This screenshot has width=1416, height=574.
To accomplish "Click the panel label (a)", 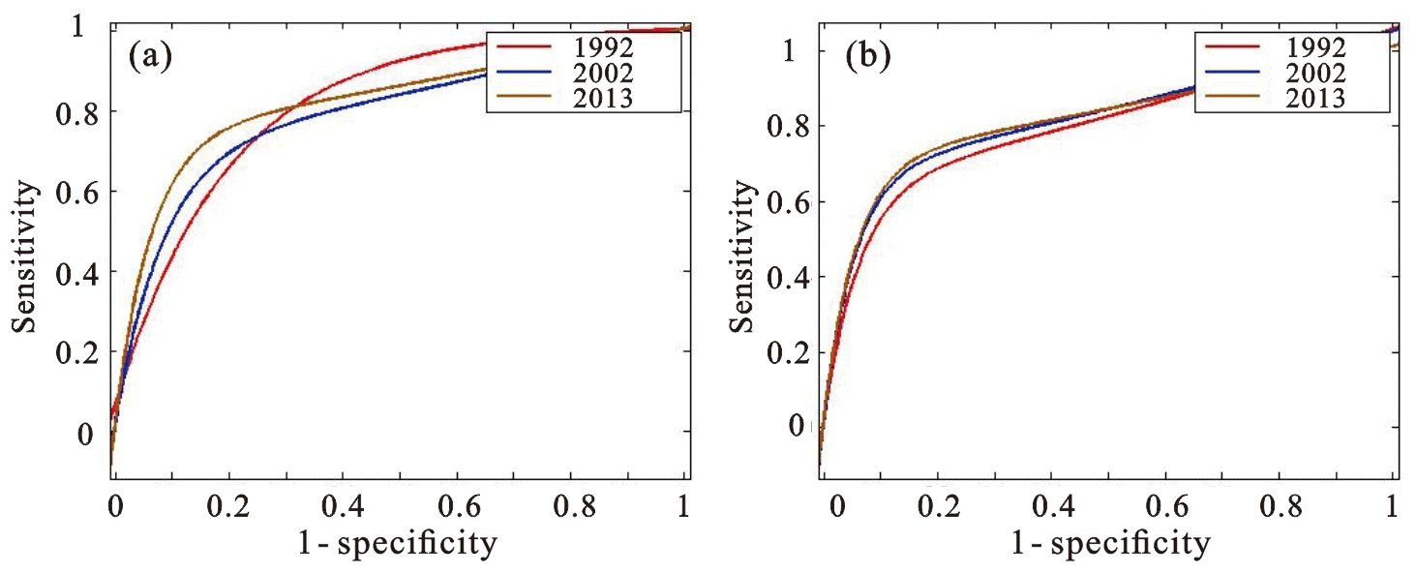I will (x=150, y=57).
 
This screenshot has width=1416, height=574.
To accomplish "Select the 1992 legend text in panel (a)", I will (x=602, y=45).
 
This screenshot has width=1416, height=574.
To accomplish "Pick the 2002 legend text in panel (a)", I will (x=602, y=72).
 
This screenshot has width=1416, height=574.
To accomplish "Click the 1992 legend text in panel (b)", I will (x=1314, y=45).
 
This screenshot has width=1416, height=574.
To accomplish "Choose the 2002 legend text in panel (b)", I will (x=1314, y=72).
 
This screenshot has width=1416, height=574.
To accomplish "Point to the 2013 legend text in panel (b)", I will (x=1314, y=97).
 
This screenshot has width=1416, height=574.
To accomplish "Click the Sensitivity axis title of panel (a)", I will (x=26, y=257).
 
